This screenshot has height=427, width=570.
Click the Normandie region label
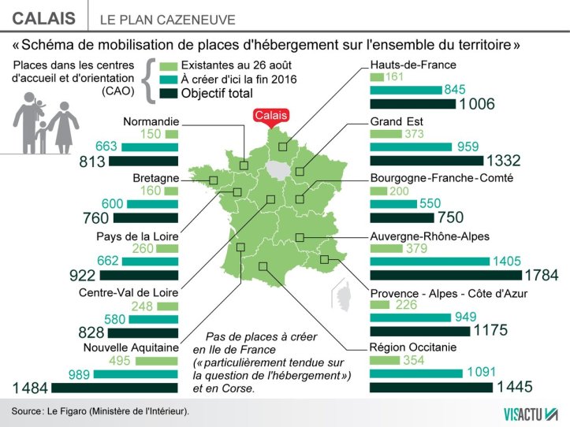point(151,121)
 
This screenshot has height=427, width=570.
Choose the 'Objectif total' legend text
point(217,93)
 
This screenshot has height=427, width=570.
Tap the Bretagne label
point(155,177)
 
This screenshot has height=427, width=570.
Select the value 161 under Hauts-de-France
point(394,77)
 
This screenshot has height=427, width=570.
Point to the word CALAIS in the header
point(45,18)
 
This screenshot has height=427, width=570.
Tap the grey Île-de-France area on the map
point(277,169)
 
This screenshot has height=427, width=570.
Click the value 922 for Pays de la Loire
point(84,275)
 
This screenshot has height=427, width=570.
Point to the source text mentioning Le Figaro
point(100,411)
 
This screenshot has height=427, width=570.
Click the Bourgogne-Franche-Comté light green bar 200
point(378,191)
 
